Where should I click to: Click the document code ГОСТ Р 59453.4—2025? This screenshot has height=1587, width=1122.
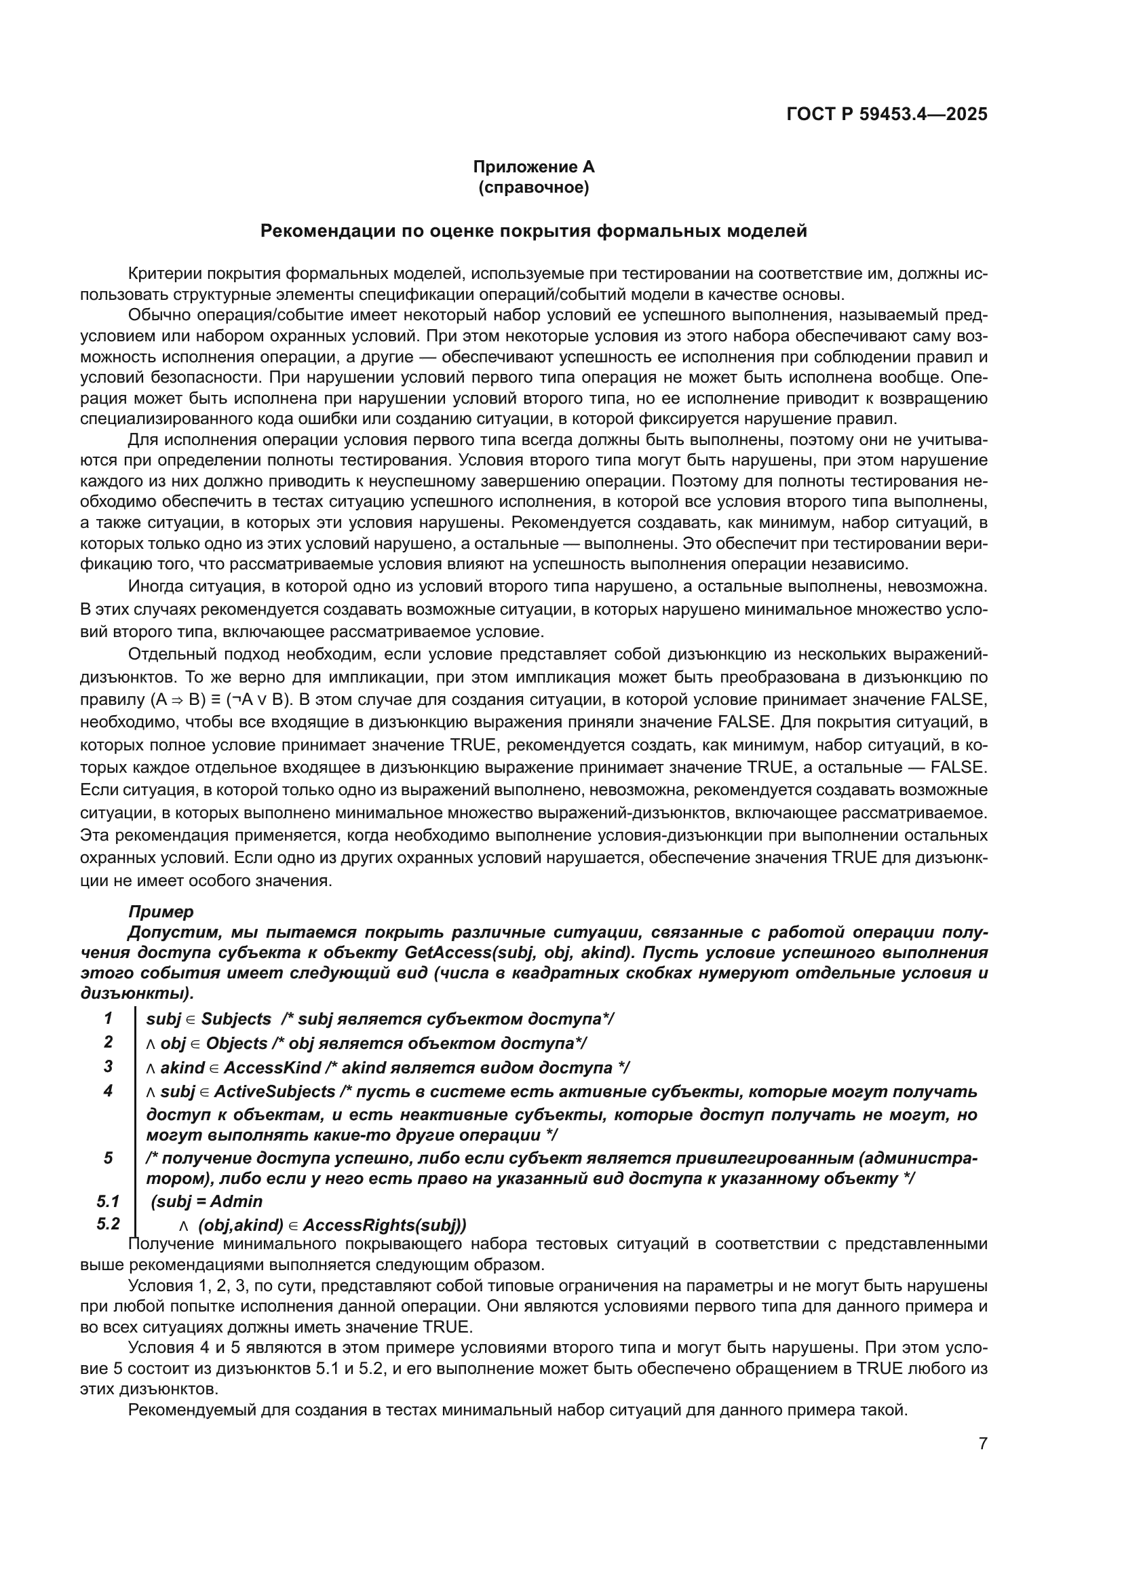click(887, 114)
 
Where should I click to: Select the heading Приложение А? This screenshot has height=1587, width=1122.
click(533, 167)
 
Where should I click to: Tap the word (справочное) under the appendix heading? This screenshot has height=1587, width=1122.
click(533, 187)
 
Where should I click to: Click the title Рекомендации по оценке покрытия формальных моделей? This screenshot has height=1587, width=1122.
click(533, 231)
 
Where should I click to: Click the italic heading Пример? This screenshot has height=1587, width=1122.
click(161, 912)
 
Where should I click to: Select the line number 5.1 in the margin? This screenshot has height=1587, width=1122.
click(109, 1202)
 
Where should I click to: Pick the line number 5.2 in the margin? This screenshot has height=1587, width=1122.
click(109, 1224)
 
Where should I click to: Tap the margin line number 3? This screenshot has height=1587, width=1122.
click(109, 1067)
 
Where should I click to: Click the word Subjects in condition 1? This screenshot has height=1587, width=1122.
click(236, 1019)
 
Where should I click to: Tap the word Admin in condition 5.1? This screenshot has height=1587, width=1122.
click(236, 1202)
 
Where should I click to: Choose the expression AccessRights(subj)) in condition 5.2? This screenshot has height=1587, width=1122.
click(385, 1225)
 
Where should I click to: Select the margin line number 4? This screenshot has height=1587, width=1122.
click(109, 1092)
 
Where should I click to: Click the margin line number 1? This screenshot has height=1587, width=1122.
click(109, 1018)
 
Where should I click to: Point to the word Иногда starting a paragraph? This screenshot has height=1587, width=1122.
click(156, 587)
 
